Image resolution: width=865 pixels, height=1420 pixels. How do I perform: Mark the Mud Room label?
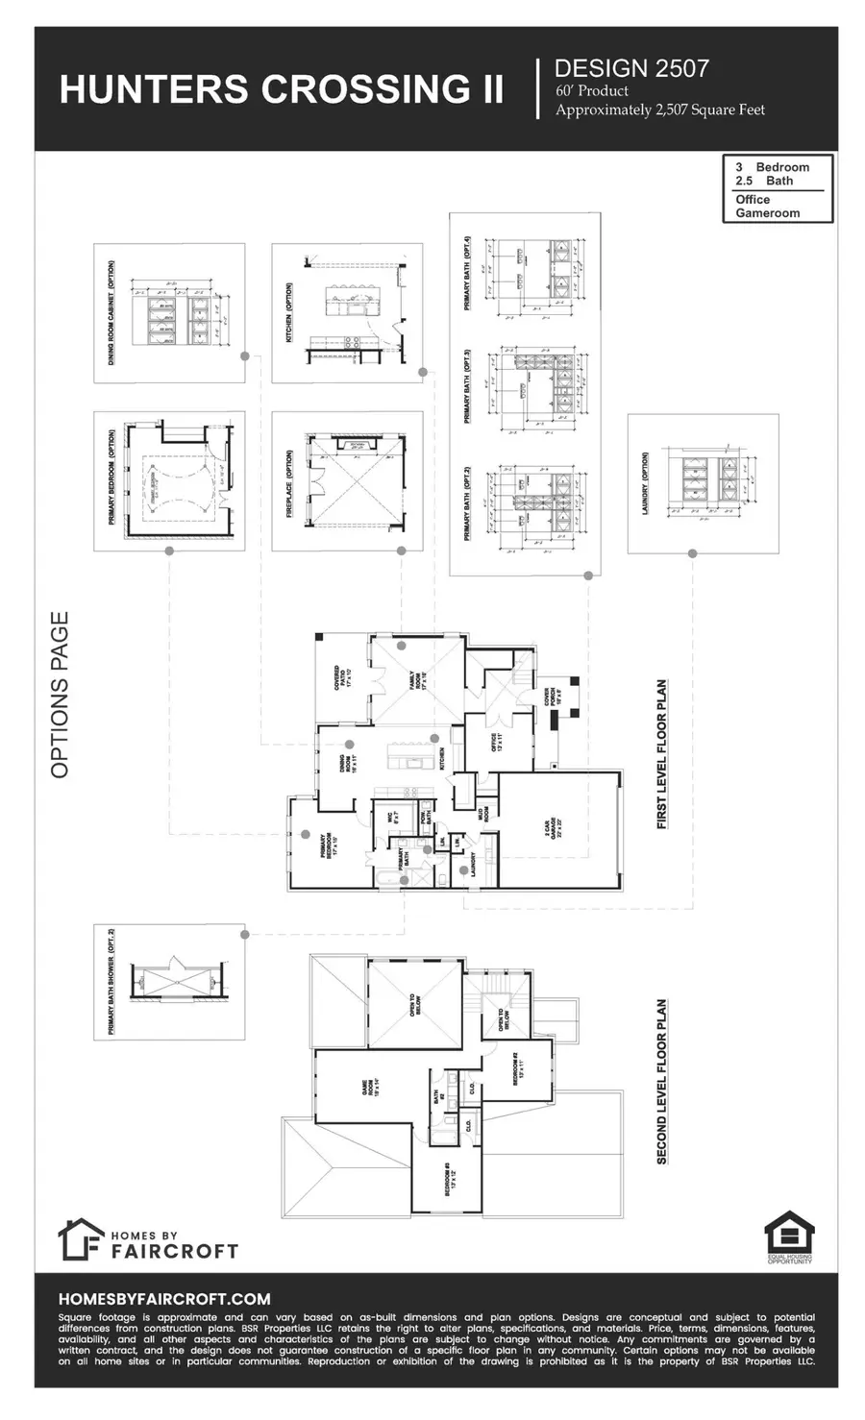tap(487, 812)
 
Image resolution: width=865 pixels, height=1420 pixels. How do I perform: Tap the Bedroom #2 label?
tap(518, 1067)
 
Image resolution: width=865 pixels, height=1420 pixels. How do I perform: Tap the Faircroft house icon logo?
tap(81, 1239)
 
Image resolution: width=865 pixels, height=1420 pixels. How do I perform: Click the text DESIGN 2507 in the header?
tap(631, 67)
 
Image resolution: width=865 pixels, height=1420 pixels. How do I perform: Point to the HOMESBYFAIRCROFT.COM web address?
tap(164, 1298)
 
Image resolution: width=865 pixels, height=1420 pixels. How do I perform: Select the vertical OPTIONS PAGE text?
tap(61, 695)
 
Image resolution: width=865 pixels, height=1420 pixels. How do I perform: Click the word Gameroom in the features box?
tap(767, 213)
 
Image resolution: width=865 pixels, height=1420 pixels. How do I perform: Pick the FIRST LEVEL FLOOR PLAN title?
tap(662, 755)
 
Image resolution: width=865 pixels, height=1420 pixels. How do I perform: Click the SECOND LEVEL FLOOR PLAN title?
tap(662, 1082)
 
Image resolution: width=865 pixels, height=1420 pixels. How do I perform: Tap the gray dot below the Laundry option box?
tap(692, 552)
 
